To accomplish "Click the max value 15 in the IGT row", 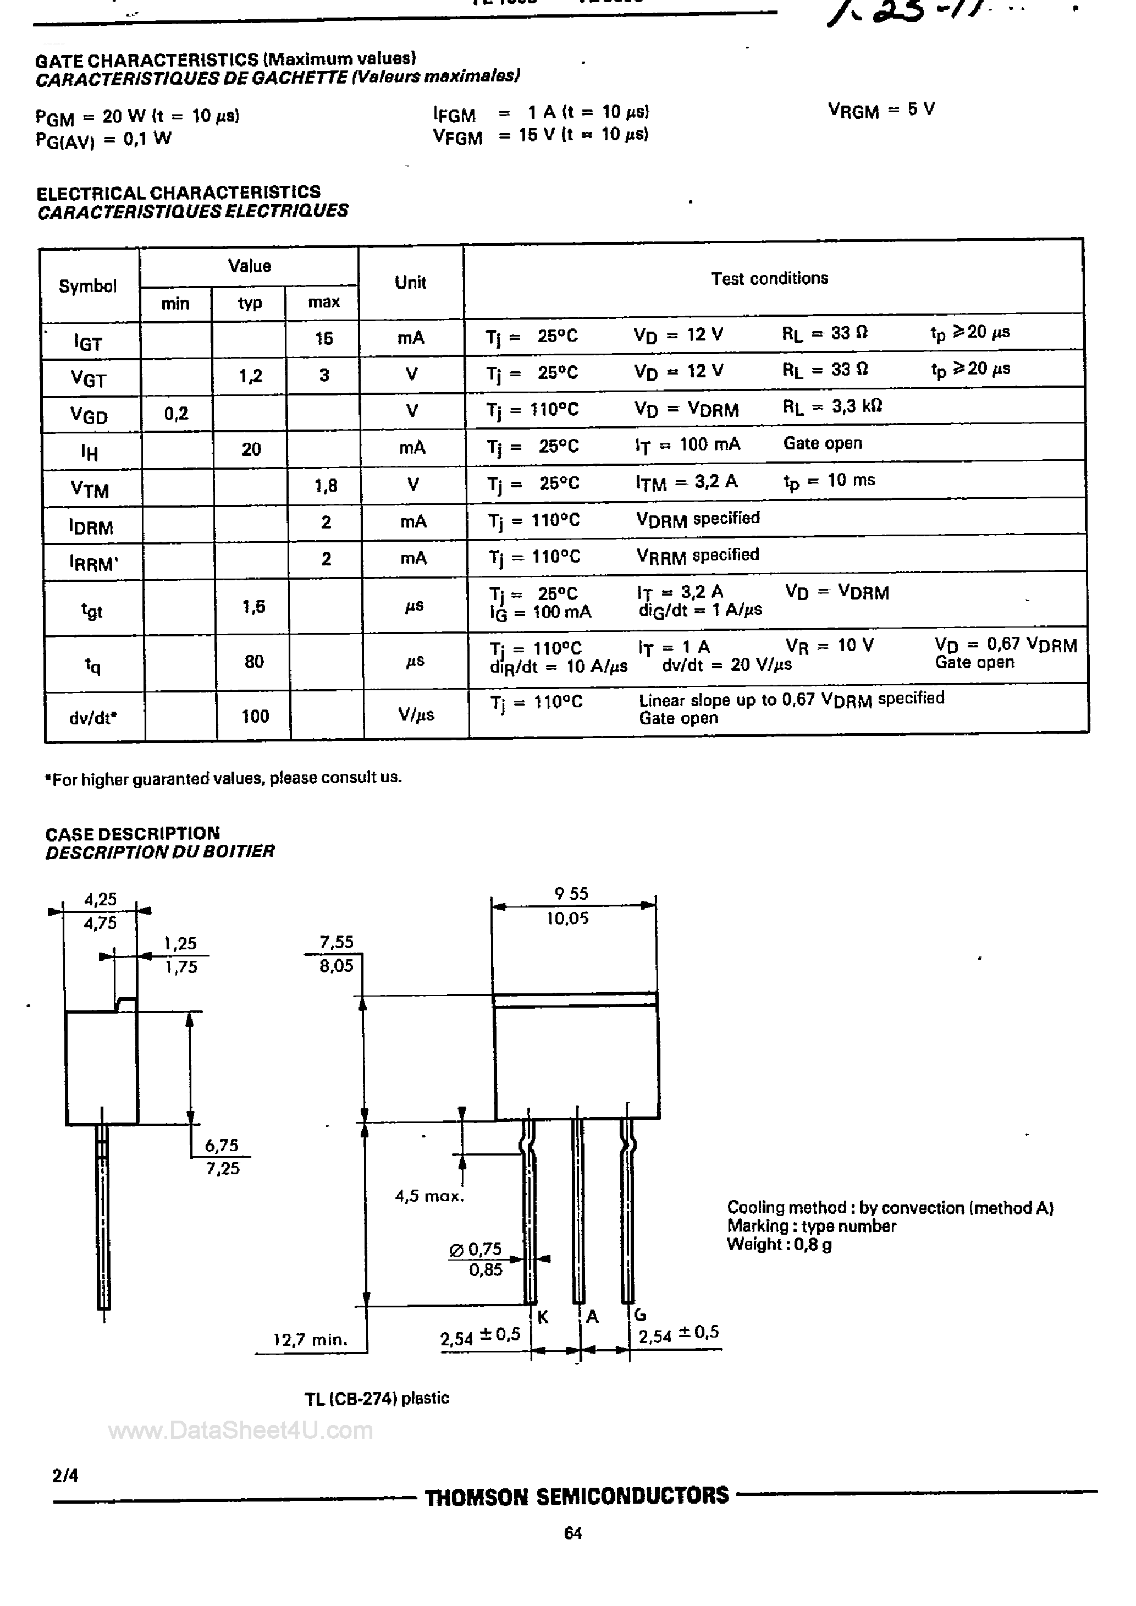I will (x=323, y=339).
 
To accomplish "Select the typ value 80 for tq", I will (x=254, y=661).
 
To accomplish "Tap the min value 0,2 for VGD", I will (x=177, y=414).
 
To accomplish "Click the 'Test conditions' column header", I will (x=769, y=278).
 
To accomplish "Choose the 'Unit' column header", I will (x=411, y=283).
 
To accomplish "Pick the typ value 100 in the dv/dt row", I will (x=255, y=716).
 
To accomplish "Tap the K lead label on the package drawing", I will (x=543, y=1318).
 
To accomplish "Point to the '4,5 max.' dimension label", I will (x=429, y=1196).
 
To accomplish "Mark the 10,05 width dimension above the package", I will (x=567, y=919).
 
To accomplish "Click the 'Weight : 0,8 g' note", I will (x=779, y=1244).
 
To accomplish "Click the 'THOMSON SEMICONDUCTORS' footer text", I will (x=577, y=1496).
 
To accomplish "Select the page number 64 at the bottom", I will (x=573, y=1533).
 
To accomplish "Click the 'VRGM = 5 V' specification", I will (x=881, y=110).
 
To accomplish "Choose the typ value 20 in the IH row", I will (x=251, y=449).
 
